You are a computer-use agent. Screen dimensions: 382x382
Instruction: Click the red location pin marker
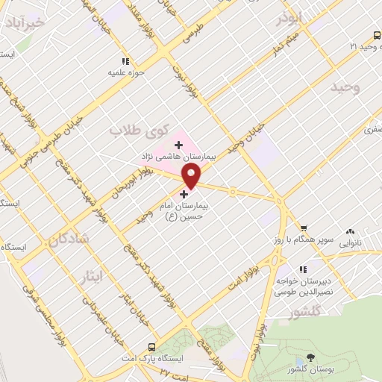pos(192,175)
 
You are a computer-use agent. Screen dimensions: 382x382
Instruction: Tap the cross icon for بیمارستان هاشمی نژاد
pos(178,144)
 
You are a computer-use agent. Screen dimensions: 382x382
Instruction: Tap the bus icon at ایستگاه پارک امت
pos(152,347)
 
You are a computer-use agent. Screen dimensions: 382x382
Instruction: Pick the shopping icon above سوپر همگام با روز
pos(304,228)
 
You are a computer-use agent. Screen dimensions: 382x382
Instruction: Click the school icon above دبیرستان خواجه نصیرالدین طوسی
pos(303,270)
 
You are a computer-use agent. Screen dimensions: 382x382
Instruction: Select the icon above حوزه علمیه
pos(125,61)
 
